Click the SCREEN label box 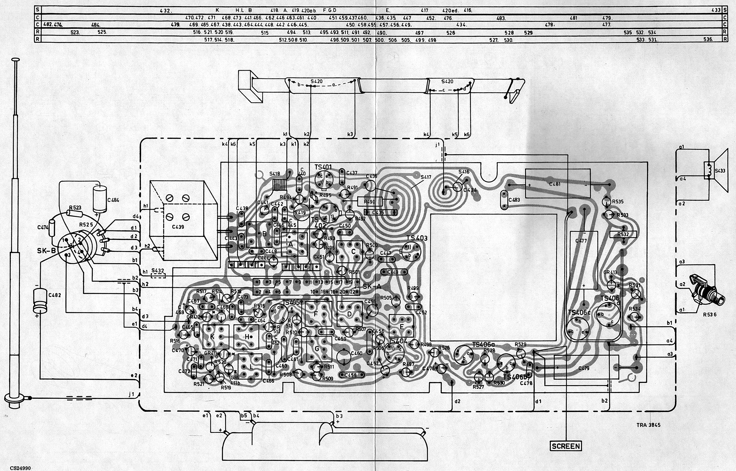pyautogui.click(x=566, y=446)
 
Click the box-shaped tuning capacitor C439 pyautogui.click(x=183, y=221)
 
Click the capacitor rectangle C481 pyautogui.click(x=557, y=184)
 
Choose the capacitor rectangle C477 pyautogui.click(x=584, y=260)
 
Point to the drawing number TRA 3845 pyautogui.click(x=648, y=425)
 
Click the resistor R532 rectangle pyautogui.click(x=623, y=234)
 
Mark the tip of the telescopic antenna pyautogui.click(x=15, y=60)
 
